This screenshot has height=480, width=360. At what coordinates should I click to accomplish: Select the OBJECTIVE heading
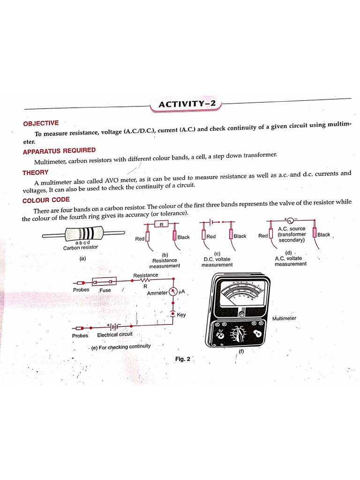(41, 123)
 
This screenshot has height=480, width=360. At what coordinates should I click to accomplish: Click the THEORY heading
(35, 172)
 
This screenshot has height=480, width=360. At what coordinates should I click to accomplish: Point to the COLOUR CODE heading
(46, 200)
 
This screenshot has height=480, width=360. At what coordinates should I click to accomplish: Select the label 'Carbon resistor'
(81, 247)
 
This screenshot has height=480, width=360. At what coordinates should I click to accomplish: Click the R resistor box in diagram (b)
(161, 224)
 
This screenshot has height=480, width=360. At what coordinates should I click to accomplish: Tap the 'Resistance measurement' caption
(165, 263)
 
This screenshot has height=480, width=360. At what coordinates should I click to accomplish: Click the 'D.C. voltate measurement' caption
(217, 262)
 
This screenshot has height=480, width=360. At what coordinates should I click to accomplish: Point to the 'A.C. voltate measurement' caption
(290, 261)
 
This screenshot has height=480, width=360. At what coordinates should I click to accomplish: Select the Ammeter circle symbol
(173, 292)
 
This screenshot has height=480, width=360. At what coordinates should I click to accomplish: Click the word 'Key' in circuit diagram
(181, 315)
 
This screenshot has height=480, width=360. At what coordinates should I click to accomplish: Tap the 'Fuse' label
(105, 290)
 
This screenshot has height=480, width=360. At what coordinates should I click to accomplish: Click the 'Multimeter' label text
(284, 318)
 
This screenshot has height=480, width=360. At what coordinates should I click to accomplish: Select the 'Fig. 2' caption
(183, 359)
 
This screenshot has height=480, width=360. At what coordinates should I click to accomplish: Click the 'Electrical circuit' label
(115, 335)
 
